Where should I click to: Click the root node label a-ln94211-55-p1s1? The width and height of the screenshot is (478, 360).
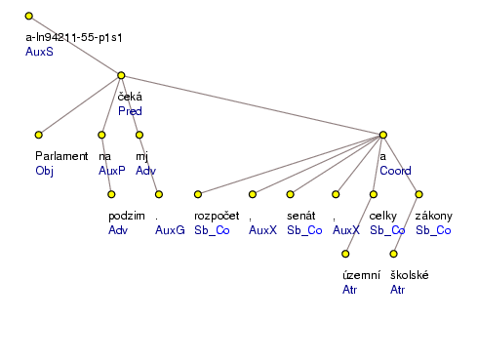coord(79,37)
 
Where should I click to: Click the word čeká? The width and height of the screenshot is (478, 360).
coord(130,97)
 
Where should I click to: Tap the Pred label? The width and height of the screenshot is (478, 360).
coord(130,110)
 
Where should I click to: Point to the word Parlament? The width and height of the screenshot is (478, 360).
coord(61,156)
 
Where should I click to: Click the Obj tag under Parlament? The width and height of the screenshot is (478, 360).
coord(44,170)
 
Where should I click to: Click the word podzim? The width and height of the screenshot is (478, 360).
coord(127,216)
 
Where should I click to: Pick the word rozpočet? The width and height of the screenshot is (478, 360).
coord(217,216)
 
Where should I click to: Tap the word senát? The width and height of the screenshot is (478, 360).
coord(300,216)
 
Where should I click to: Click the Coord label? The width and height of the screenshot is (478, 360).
coord(394,170)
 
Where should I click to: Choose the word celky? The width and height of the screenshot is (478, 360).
coord(380,216)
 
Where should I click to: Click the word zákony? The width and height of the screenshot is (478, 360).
coord(433,216)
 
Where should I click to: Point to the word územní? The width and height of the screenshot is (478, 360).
coord(361,276)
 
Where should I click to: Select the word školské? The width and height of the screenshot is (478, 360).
coord(410,276)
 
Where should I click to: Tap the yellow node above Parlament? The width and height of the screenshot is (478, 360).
coord(38,135)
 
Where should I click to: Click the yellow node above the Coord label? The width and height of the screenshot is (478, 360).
coord(383,135)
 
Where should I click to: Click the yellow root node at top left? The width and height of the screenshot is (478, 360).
coord(29,17)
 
